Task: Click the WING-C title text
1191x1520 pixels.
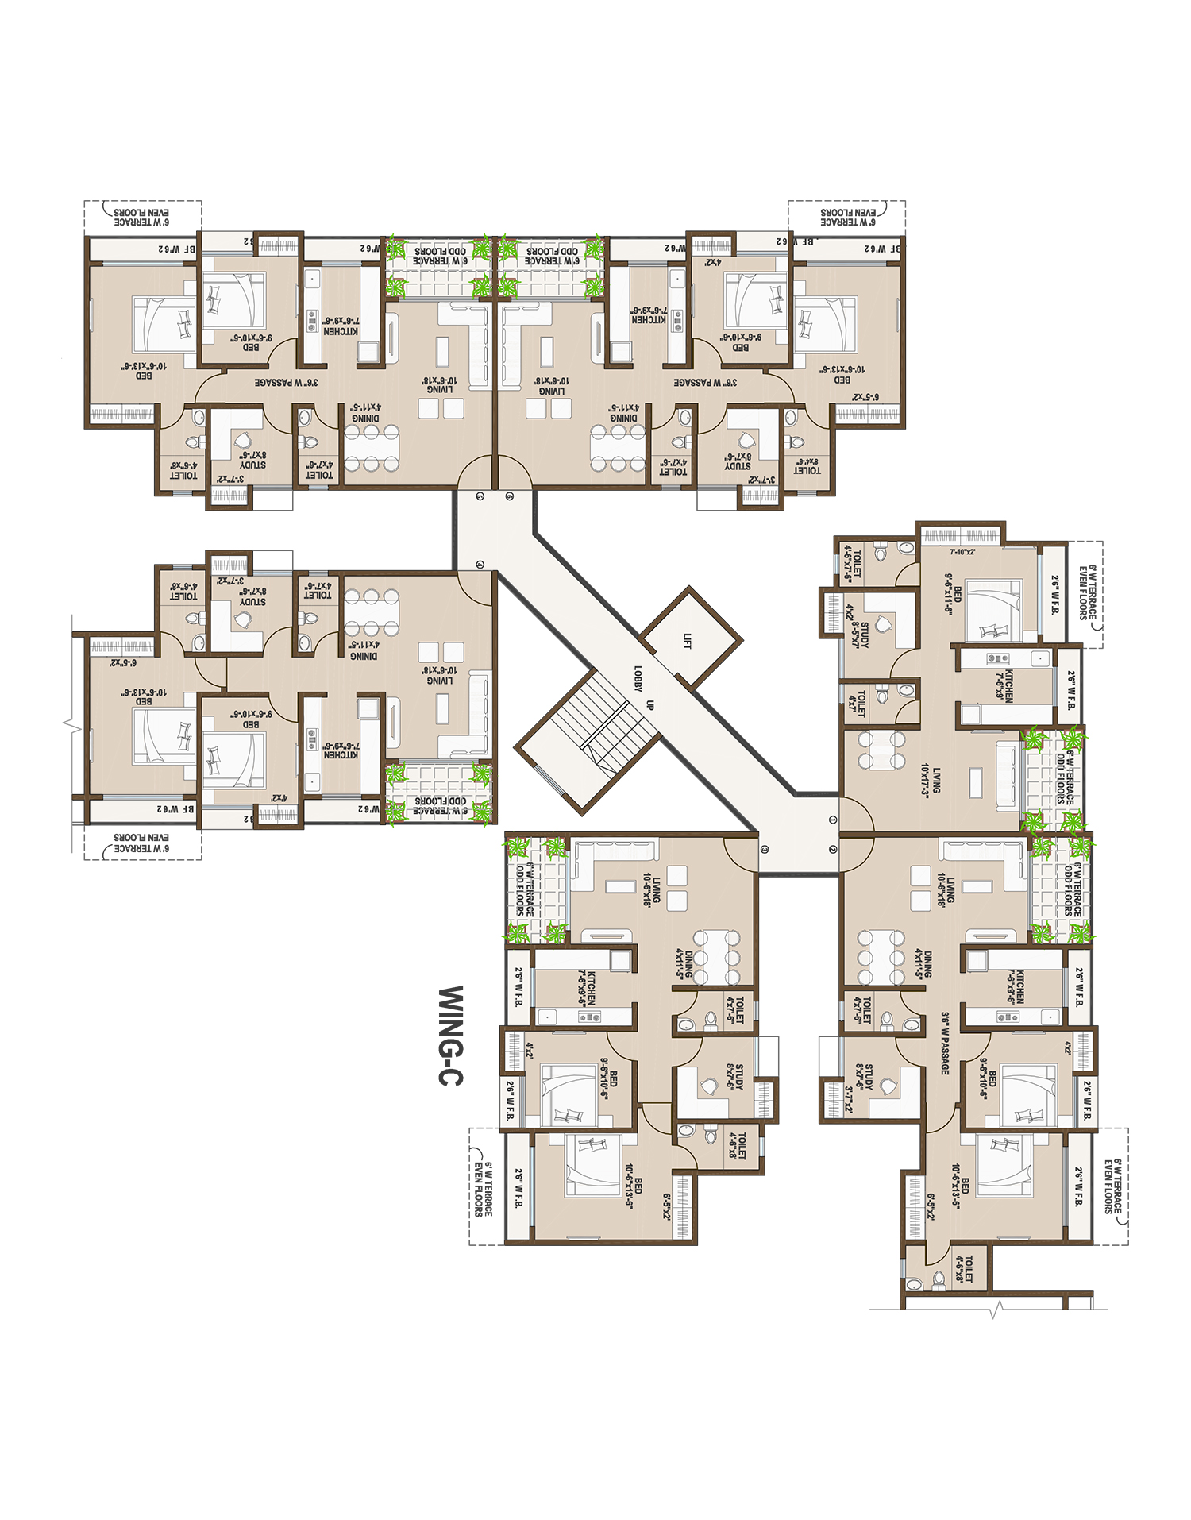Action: [x=451, y=1036]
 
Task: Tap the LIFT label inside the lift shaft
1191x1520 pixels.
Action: [x=687, y=640]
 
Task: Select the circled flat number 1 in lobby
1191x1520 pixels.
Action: [x=832, y=819]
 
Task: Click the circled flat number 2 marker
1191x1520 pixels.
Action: [x=832, y=849]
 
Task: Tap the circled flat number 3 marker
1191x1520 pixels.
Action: [x=765, y=849]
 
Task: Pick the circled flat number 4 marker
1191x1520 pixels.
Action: [x=480, y=564]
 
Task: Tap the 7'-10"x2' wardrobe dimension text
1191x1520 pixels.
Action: [x=962, y=551]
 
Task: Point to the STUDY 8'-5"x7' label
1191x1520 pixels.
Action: [x=860, y=632]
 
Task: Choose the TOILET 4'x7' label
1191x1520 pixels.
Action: [x=858, y=702]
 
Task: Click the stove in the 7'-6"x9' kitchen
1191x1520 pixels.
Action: [x=997, y=658]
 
